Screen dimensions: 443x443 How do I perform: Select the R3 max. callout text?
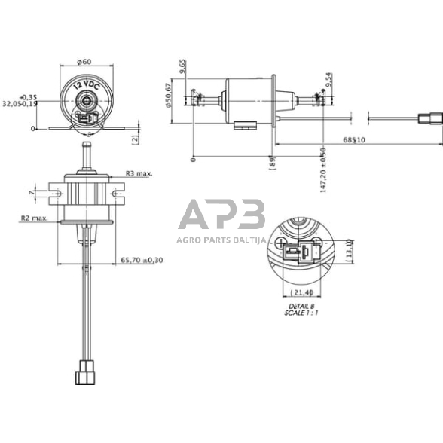139,173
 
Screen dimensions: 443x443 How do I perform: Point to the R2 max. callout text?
35,218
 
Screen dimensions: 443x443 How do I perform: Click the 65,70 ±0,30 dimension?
142,260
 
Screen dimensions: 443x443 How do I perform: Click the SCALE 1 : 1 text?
302,313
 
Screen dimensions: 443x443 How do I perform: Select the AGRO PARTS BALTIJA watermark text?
221,240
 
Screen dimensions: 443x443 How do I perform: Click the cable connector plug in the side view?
427,117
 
